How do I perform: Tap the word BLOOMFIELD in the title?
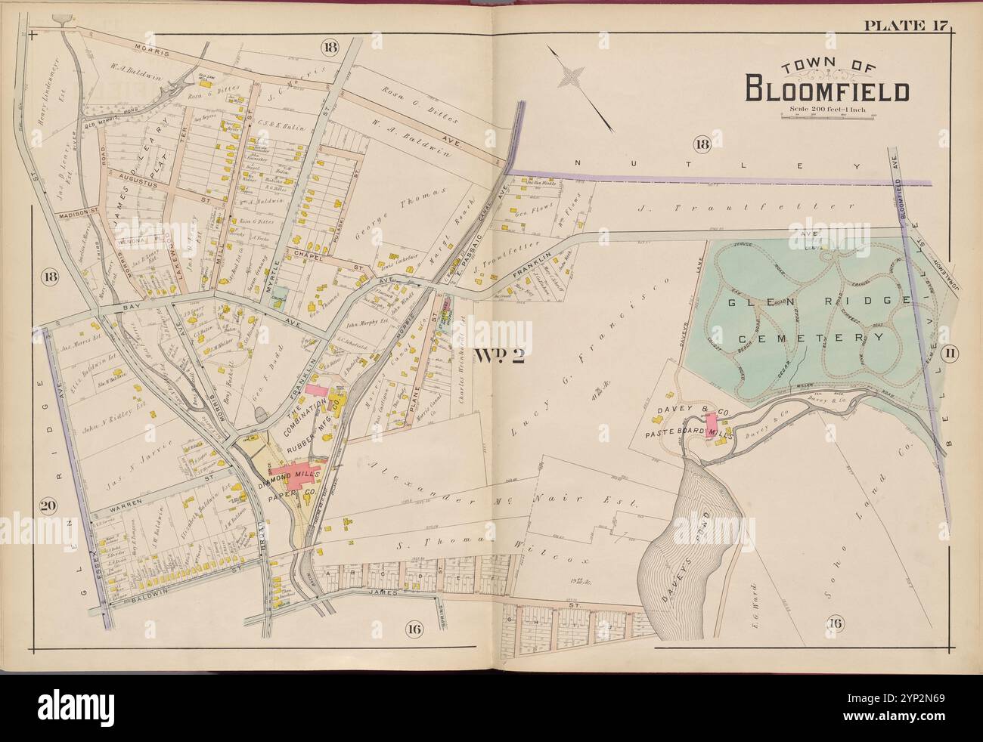827,90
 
